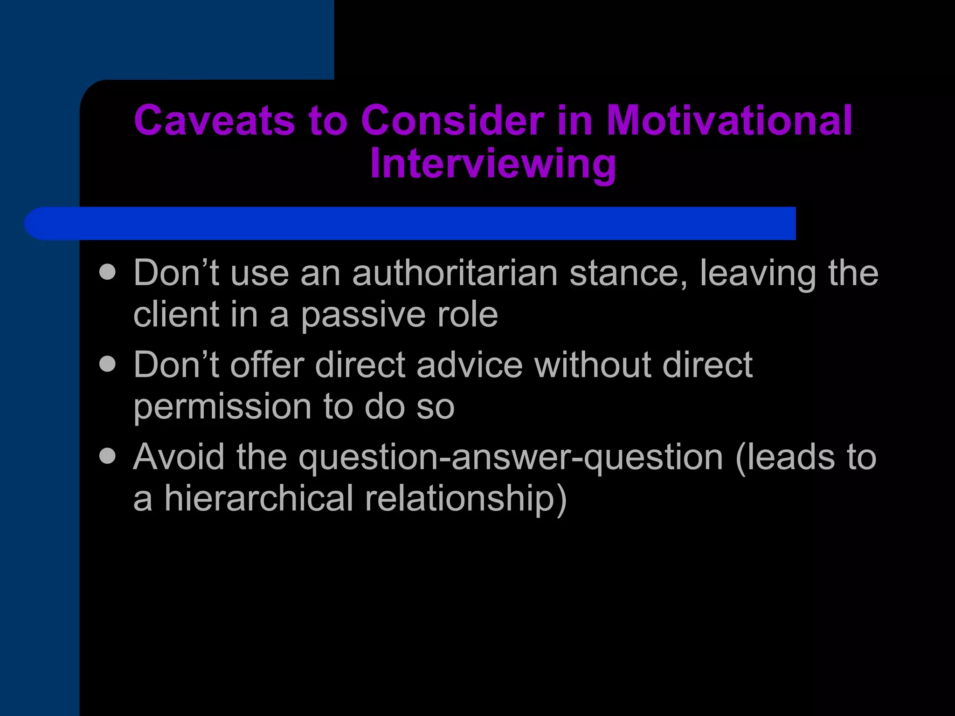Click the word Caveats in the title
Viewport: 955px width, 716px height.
[x=214, y=120]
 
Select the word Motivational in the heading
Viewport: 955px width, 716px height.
[x=729, y=120]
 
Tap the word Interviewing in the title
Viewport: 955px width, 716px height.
[x=493, y=164]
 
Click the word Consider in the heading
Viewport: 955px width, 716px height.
[x=452, y=120]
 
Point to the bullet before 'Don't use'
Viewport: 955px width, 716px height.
[x=108, y=272]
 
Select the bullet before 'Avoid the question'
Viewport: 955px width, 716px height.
[x=108, y=455]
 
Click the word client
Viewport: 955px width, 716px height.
[x=174, y=315]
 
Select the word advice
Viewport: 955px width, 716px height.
[x=469, y=365]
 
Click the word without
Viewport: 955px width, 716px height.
[x=592, y=365]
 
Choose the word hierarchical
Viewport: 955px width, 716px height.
[x=259, y=498]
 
